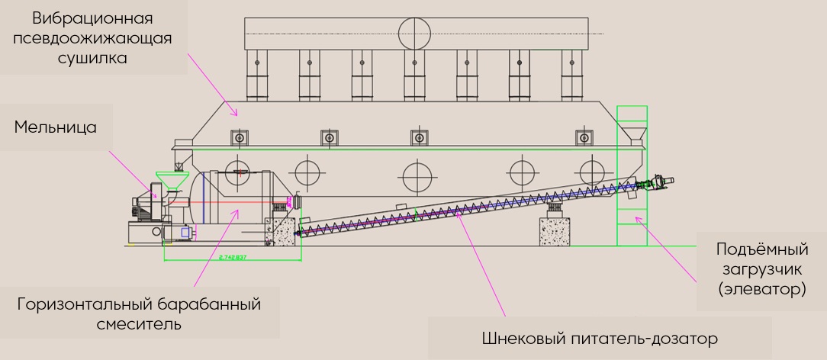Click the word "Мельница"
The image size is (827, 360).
tap(56, 127)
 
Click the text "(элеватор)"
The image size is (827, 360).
tap(761, 289)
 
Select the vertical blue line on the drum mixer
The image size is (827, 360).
tap(204, 200)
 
